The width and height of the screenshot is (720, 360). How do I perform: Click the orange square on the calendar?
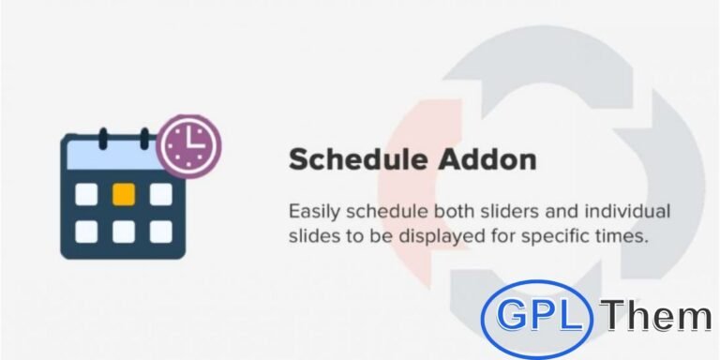coord(123,193)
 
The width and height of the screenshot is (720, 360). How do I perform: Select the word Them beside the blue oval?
coord(656,317)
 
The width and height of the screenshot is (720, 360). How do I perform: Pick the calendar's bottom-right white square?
coord(160,230)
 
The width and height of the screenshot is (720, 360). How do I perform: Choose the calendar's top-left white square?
coord(85,193)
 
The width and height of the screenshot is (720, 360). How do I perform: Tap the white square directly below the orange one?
coord(123,230)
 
